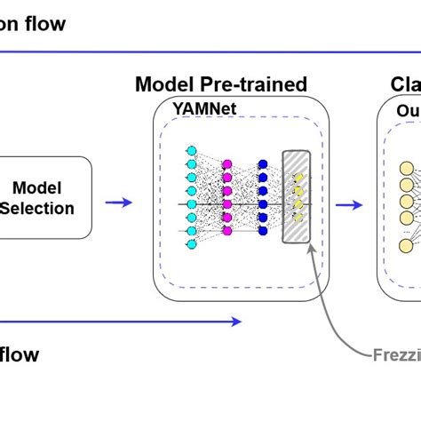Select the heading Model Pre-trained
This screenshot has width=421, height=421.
[x=220, y=84]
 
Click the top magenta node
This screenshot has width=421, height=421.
[x=227, y=163]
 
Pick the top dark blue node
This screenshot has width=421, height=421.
[x=263, y=164]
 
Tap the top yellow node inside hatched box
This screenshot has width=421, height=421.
[x=299, y=177]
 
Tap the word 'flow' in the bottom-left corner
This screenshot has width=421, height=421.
[x=20, y=355]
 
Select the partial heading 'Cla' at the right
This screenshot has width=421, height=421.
[x=405, y=84]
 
